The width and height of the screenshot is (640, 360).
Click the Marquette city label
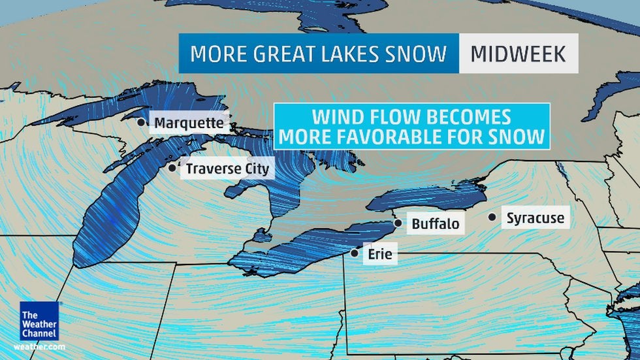point(189,123)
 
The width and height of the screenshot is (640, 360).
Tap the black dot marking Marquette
point(140,122)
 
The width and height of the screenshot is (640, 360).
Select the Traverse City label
point(227,169)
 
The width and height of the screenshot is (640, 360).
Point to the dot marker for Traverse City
point(172,168)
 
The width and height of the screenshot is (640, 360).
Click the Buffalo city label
point(435,224)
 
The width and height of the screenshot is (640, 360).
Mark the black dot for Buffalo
point(398,223)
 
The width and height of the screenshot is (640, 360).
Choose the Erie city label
point(379,254)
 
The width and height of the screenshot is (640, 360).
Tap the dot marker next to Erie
point(354,253)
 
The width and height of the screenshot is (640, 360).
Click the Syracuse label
point(535,218)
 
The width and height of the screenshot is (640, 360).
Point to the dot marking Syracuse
point(492,217)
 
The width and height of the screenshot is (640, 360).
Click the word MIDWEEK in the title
point(519,54)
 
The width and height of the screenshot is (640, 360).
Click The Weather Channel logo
point(39,321)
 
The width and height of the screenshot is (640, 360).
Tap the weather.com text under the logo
point(39,346)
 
